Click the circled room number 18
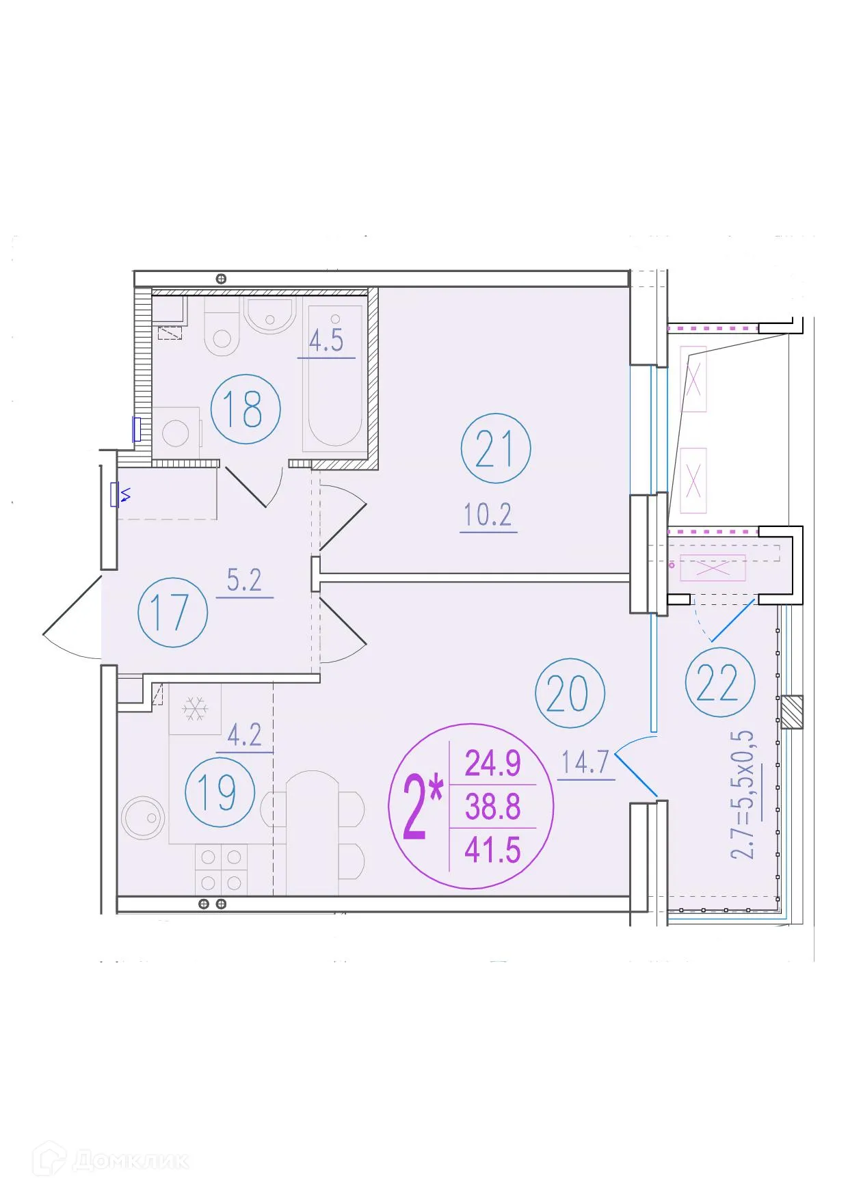(245, 409)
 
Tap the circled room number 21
(495, 448)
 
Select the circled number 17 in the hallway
(172, 612)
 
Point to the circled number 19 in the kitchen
(219, 792)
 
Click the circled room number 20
(569, 693)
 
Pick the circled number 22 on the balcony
(719, 682)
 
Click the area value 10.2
(488, 515)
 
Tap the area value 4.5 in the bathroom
(326, 340)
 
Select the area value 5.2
(244, 580)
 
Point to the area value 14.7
(585, 762)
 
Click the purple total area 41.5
(492, 850)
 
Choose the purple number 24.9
(492, 763)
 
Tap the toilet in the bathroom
(222, 334)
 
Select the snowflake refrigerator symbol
(195, 709)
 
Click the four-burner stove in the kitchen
(221, 870)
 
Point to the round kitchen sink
(144, 817)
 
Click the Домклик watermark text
(130, 1160)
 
